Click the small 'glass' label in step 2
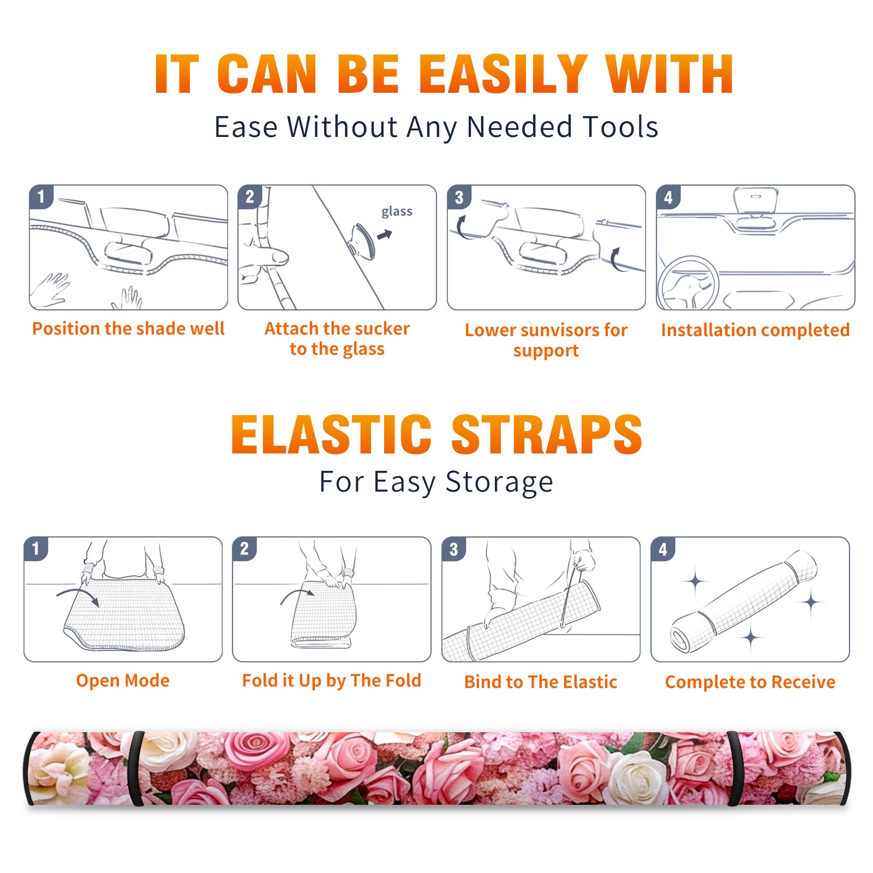point(397,212)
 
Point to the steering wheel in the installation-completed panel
point(689,283)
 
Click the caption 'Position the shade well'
point(128,328)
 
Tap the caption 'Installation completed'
point(755,330)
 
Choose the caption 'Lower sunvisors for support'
point(546,340)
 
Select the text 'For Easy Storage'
point(436,482)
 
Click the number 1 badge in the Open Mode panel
point(36,548)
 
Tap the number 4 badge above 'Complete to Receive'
point(663,549)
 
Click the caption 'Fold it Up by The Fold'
point(332,680)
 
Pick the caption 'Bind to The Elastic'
point(541,682)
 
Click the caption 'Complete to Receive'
point(750,682)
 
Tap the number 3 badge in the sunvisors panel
point(459,197)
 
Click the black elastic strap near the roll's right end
point(735,769)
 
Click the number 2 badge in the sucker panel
point(250,196)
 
